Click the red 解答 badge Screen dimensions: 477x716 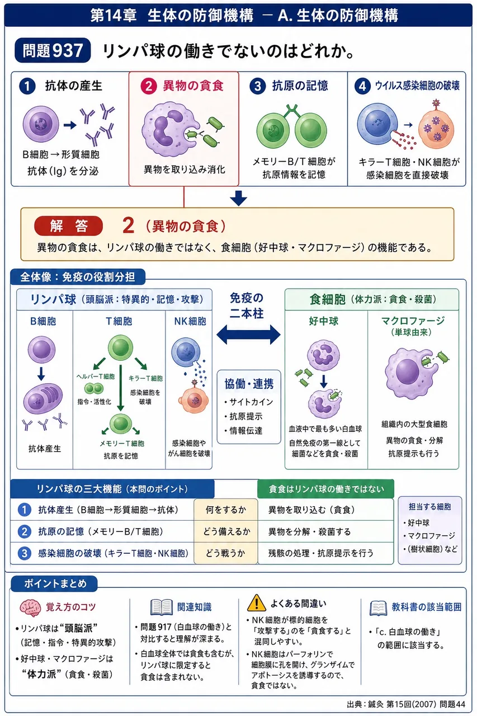click(x=68, y=225)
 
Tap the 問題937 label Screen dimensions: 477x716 click(x=53, y=50)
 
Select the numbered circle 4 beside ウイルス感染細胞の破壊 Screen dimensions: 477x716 click(x=362, y=86)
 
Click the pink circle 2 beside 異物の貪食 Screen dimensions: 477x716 click(x=149, y=86)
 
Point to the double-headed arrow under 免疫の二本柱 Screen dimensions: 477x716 click(x=248, y=335)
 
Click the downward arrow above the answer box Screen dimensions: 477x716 click(x=238, y=198)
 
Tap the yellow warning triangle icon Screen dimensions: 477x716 click(x=256, y=603)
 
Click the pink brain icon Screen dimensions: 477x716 click(x=30, y=607)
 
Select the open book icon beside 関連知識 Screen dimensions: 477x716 click(x=162, y=607)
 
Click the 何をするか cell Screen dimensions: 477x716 click(x=225, y=510)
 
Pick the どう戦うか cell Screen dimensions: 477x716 click(x=225, y=553)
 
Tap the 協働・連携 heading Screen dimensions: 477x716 click(x=249, y=384)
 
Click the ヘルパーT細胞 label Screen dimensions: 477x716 click(x=96, y=376)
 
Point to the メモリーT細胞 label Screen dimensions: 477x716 click(x=122, y=444)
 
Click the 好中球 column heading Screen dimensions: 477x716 click(x=323, y=321)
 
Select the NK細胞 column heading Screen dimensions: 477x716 click(x=190, y=321)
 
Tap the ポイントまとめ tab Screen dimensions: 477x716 click(x=55, y=583)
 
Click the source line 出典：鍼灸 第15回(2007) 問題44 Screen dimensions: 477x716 click(x=406, y=704)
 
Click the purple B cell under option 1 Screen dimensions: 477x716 click(x=41, y=124)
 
